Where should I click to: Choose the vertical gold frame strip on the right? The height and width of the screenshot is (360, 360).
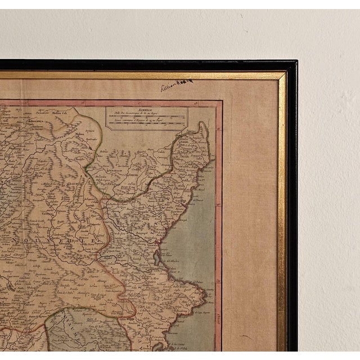pos(281,214)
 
